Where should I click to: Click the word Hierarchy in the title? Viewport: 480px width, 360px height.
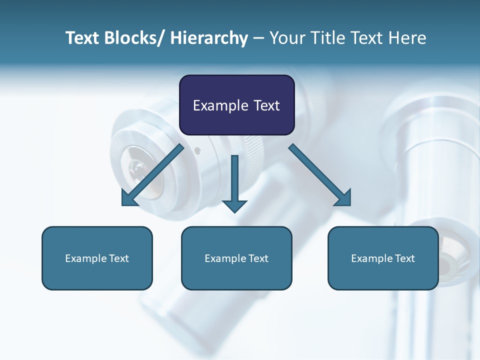[209, 38]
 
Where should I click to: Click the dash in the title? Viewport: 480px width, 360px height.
[258, 38]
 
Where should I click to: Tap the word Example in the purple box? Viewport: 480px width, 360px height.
[220, 105]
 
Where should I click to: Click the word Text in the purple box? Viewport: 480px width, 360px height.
[266, 105]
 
